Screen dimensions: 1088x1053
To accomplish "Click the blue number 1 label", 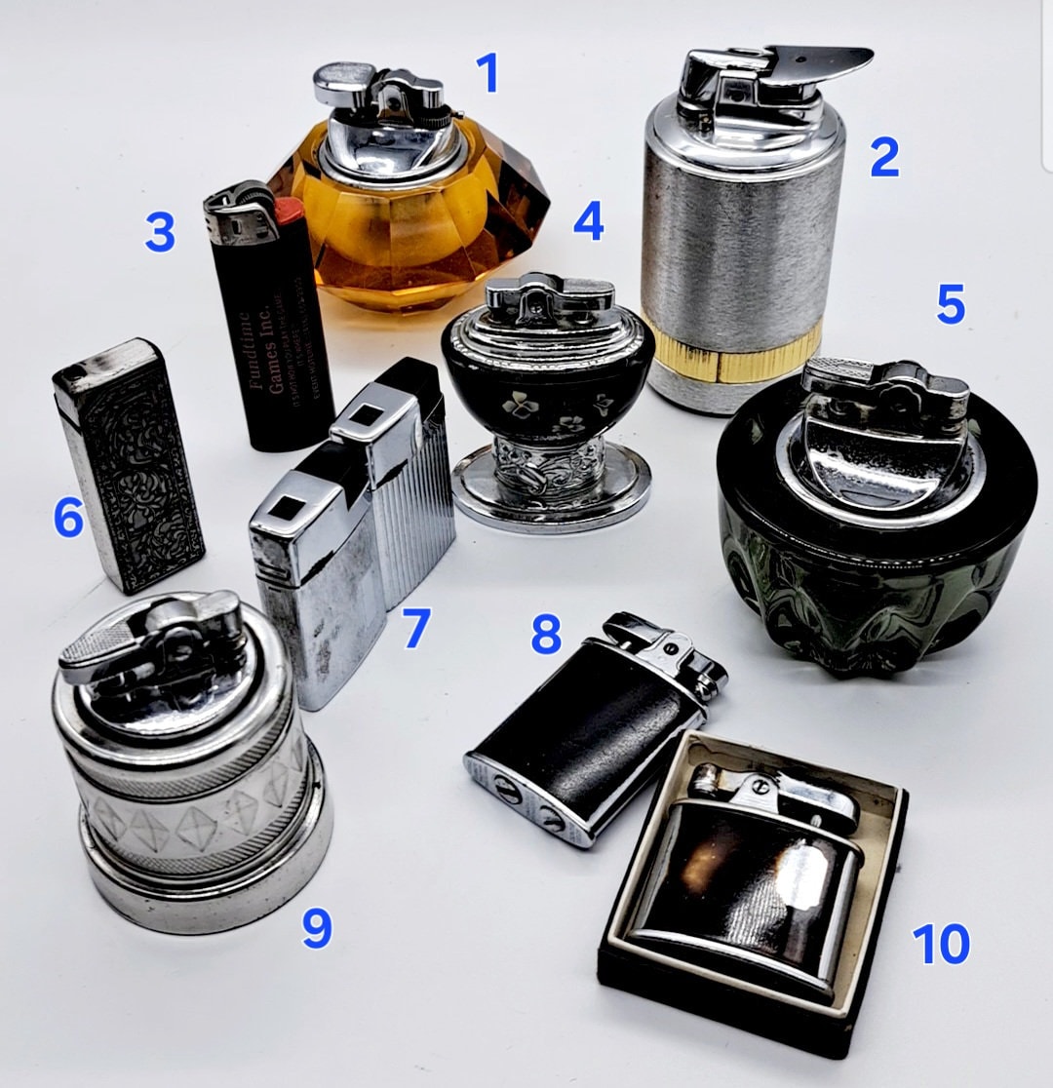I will [x=487, y=73].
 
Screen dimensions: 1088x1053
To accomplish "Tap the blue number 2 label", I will [x=883, y=157].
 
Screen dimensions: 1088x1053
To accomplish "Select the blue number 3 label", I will [x=160, y=233].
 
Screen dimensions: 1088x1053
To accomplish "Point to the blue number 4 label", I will [x=588, y=221].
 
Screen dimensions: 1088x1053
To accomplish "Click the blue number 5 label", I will [x=951, y=305].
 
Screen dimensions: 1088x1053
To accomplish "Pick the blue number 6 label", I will [x=68, y=518].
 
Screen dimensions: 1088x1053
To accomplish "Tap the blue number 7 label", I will [x=416, y=629].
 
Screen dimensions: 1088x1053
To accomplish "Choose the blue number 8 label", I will [x=546, y=635].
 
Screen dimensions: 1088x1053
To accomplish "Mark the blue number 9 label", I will [x=316, y=928].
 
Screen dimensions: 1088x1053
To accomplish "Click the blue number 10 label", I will [x=941, y=944].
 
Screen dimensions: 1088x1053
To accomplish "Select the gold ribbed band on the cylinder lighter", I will [x=741, y=351].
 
